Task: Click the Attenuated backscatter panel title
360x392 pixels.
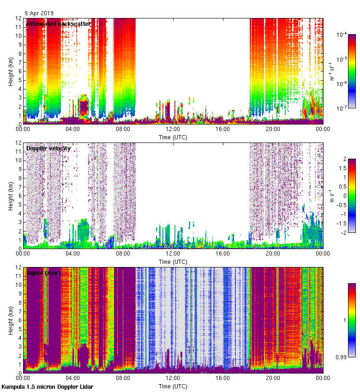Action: tap(58, 24)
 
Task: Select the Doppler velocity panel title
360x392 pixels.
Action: tap(48, 148)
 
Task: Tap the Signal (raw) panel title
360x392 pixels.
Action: tap(43, 273)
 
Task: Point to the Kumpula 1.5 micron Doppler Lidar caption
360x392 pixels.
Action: tap(47, 387)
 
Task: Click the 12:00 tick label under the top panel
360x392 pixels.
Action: tap(173, 130)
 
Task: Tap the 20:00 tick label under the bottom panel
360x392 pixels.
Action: tap(273, 379)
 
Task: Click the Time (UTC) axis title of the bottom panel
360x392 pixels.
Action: tap(173, 386)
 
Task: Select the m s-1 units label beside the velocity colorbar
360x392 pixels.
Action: tap(331, 196)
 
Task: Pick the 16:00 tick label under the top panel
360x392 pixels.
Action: tap(223, 130)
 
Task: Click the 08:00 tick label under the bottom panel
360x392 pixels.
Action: tap(123, 379)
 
